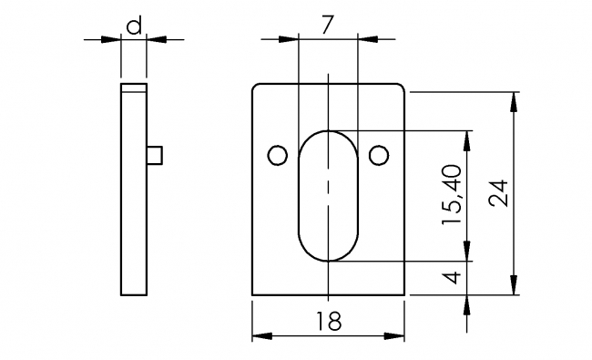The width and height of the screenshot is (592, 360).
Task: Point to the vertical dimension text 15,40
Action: (x=454, y=194)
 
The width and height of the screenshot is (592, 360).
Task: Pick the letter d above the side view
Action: (x=134, y=26)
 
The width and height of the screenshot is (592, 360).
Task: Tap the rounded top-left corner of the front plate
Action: (x=256, y=87)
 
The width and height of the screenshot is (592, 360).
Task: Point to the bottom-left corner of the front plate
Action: (x=252, y=295)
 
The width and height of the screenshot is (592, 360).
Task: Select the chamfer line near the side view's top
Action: (x=134, y=94)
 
